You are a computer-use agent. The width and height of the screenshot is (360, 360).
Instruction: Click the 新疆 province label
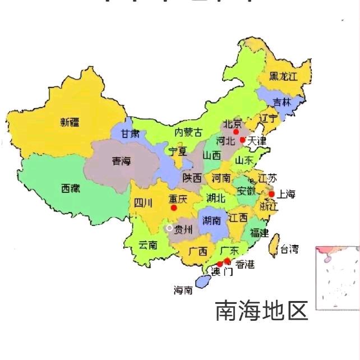tap(70, 122)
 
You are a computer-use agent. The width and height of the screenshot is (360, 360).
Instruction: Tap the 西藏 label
tap(71, 189)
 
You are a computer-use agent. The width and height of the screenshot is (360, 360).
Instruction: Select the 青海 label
tap(121, 161)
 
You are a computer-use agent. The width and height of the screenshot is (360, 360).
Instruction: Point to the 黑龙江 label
tap(283, 76)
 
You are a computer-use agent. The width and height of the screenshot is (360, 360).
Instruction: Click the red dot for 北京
tap(237, 132)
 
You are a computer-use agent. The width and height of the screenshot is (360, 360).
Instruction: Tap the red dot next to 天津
tap(243, 140)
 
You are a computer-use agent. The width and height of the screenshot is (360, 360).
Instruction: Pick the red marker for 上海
tap(271, 194)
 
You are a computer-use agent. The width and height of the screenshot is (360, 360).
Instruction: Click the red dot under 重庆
tap(174, 207)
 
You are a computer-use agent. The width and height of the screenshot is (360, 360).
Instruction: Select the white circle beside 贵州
tap(169, 228)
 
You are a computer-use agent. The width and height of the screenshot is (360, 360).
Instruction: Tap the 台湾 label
tap(290, 248)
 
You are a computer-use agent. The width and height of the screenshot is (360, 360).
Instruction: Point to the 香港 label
tap(244, 264)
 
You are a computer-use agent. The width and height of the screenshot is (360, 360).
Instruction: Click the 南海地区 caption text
tap(262, 311)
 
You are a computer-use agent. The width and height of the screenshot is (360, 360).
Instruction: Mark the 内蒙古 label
tap(188, 132)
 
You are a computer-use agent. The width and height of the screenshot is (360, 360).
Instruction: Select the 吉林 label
tap(282, 102)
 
